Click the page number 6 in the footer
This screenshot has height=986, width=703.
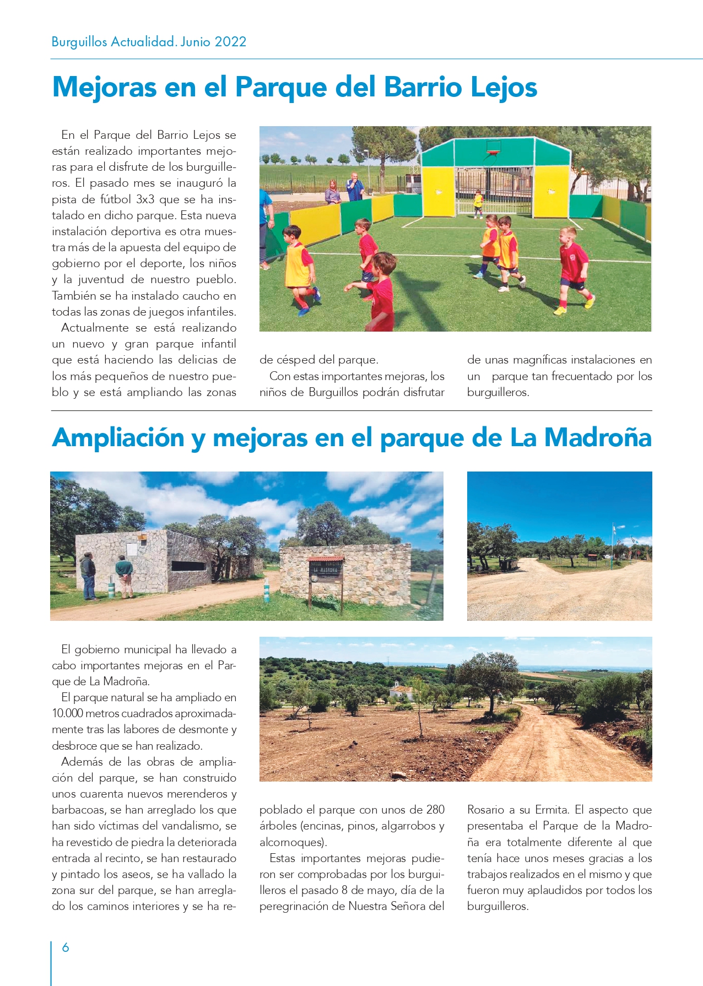(x=66, y=947)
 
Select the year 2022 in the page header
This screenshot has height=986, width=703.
(x=230, y=42)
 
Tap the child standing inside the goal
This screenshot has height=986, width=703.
(x=478, y=203)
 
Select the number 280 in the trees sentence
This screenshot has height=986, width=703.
(x=435, y=810)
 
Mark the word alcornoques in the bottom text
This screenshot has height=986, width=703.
(x=291, y=842)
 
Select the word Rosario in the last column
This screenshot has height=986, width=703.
(x=485, y=810)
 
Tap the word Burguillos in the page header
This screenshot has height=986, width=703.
(x=79, y=42)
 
